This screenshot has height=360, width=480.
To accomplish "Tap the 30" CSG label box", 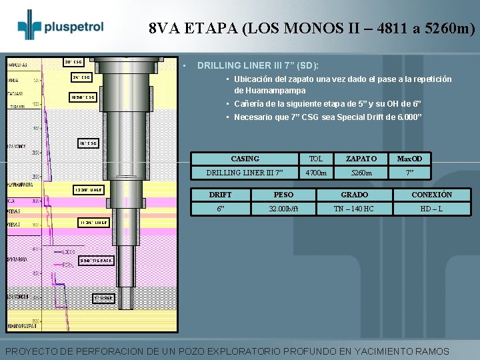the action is [x=73, y=62].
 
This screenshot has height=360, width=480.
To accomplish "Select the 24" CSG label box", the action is [x=81, y=77].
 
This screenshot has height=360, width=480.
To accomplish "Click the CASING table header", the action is [x=245, y=159].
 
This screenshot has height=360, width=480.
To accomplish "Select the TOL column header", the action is [x=316, y=159].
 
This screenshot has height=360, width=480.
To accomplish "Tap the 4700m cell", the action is [x=316, y=173].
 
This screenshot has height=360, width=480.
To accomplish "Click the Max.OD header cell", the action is [x=410, y=159].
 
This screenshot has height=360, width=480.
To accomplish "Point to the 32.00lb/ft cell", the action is [x=283, y=209].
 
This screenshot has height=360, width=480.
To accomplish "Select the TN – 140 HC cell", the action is [x=355, y=209].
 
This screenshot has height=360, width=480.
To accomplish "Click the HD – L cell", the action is [x=431, y=209].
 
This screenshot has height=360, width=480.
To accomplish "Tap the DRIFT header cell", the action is [x=220, y=195].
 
